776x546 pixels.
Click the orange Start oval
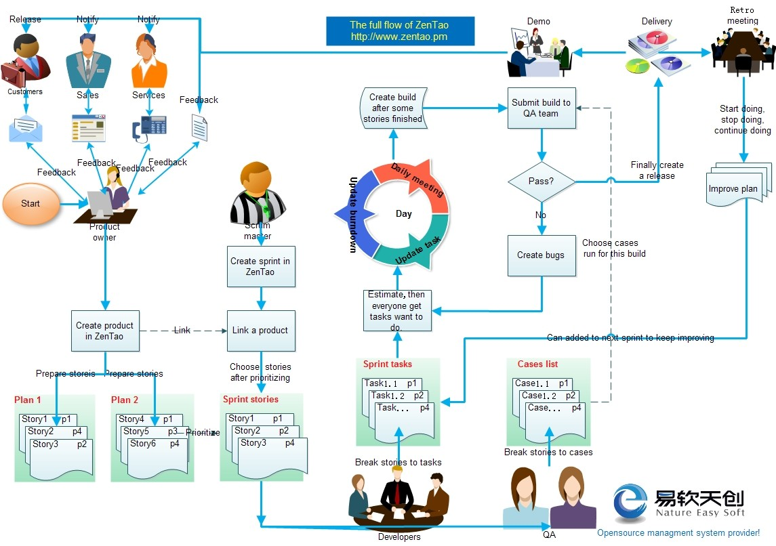(x=30, y=203)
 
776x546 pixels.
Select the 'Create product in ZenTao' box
(x=105, y=331)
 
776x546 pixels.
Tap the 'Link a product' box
(x=260, y=331)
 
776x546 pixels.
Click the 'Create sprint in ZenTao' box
(x=260, y=266)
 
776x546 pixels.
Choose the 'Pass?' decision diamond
(x=541, y=182)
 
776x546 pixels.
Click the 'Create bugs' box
(x=541, y=255)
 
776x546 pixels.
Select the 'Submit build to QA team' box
(x=541, y=108)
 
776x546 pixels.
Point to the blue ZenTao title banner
(x=399, y=31)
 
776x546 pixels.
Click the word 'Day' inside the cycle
(x=404, y=214)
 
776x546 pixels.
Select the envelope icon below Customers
(x=26, y=129)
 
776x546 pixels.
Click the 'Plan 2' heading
(x=125, y=400)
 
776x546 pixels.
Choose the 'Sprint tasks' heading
(x=387, y=364)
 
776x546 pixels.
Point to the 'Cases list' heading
(x=537, y=364)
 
